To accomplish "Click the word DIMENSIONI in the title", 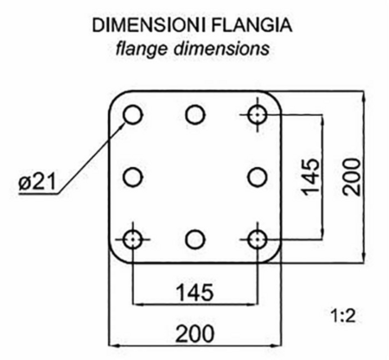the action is pyautogui.click(x=149, y=25).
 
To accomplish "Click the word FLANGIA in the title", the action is pyautogui.click(x=252, y=25).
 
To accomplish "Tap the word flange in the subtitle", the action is pyautogui.click(x=141, y=48).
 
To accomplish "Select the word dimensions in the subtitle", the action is pyautogui.click(x=221, y=48).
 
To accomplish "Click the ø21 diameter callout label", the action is pyautogui.click(x=36, y=183).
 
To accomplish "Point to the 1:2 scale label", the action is pyautogui.click(x=343, y=316).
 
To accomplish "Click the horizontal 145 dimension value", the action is pyautogui.click(x=194, y=292).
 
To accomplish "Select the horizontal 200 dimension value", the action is pyautogui.click(x=194, y=334).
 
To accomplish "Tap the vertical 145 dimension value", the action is pyautogui.click(x=310, y=177).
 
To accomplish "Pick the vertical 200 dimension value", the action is pyautogui.click(x=352, y=177).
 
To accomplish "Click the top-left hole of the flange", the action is pyautogui.click(x=132, y=115).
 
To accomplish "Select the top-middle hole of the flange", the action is pyautogui.click(x=195, y=115).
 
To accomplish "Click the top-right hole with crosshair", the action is pyautogui.click(x=258, y=115).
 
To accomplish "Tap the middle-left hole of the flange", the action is pyautogui.click(x=132, y=177).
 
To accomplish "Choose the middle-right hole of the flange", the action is pyautogui.click(x=258, y=177).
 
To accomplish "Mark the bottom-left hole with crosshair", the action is pyautogui.click(x=132, y=240).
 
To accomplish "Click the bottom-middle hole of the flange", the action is pyautogui.click(x=195, y=240).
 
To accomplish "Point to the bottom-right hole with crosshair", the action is pyautogui.click(x=258, y=240).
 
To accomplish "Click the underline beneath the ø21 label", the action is pyautogui.click(x=38, y=194).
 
